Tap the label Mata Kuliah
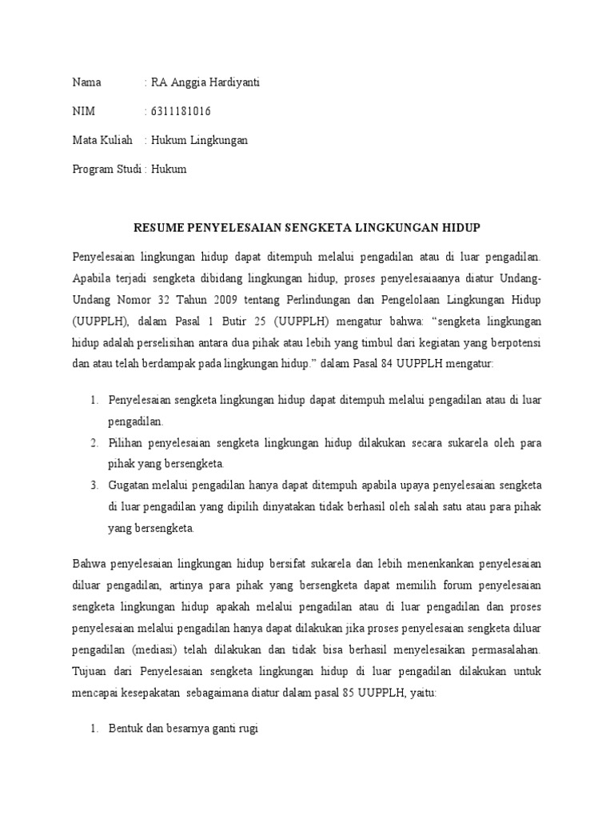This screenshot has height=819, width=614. pyautogui.click(x=102, y=140)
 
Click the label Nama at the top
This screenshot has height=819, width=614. pyautogui.click(x=87, y=82)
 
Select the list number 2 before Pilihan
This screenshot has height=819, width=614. pyautogui.click(x=93, y=442)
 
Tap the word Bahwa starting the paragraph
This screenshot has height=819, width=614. pyautogui.click(x=89, y=564)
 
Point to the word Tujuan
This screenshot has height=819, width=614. pyautogui.click(x=90, y=650)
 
